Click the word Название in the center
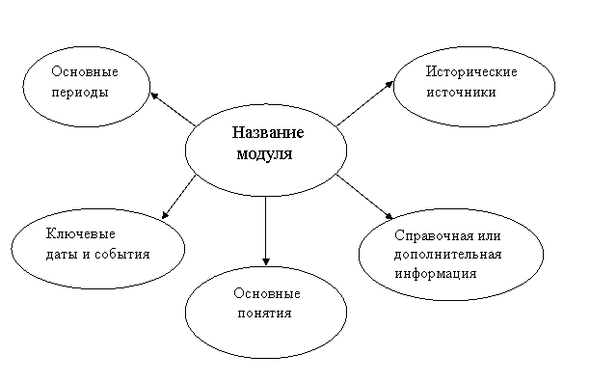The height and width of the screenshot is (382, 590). pyautogui.click(x=268, y=132)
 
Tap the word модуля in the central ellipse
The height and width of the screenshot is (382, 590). pyautogui.click(x=264, y=154)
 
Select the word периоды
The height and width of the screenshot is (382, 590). pyautogui.click(x=80, y=93)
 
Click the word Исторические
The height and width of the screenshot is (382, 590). pyautogui.click(x=471, y=71)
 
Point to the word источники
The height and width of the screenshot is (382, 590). pyautogui.click(x=461, y=93)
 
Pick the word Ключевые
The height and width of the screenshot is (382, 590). pyautogui.click(x=81, y=233)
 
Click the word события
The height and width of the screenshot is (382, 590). pyautogui.click(x=122, y=255)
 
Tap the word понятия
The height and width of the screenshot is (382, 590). pyautogui.click(x=264, y=314)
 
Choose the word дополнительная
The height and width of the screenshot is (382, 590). pyautogui.click(x=447, y=255)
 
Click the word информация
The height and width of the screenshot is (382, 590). pyautogui.click(x=436, y=274)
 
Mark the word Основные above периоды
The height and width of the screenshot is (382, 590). pyautogui.click(x=85, y=71)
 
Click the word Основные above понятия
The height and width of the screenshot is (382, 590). pyautogui.click(x=267, y=293)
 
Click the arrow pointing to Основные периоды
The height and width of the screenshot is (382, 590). pyautogui.click(x=173, y=109)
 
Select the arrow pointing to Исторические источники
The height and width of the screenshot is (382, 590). pyautogui.click(x=365, y=103)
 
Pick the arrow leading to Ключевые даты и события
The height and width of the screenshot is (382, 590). pyautogui.click(x=178, y=197)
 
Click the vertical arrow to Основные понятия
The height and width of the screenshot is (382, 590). pyautogui.click(x=266, y=231)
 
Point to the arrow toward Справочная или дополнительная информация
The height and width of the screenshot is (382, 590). pyautogui.click(x=364, y=197)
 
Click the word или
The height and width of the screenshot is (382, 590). pyautogui.click(x=489, y=236)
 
